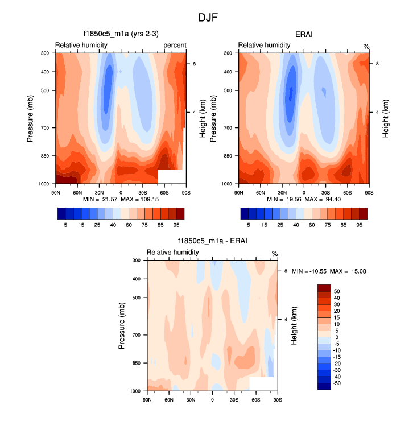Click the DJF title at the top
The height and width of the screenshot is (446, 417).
(x=208, y=18)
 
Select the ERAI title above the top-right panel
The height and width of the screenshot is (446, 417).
(x=304, y=35)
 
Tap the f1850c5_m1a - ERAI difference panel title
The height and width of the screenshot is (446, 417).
(x=212, y=242)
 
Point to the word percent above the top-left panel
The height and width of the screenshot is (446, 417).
(x=175, y=45)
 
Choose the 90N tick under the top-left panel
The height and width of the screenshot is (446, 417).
(x=56, y=192)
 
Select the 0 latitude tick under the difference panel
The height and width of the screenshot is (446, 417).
(x=212, y=400)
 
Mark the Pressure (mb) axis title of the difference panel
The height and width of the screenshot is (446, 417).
(x=122, y=325)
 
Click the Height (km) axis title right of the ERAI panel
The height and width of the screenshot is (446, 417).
(x=386, y=118)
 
